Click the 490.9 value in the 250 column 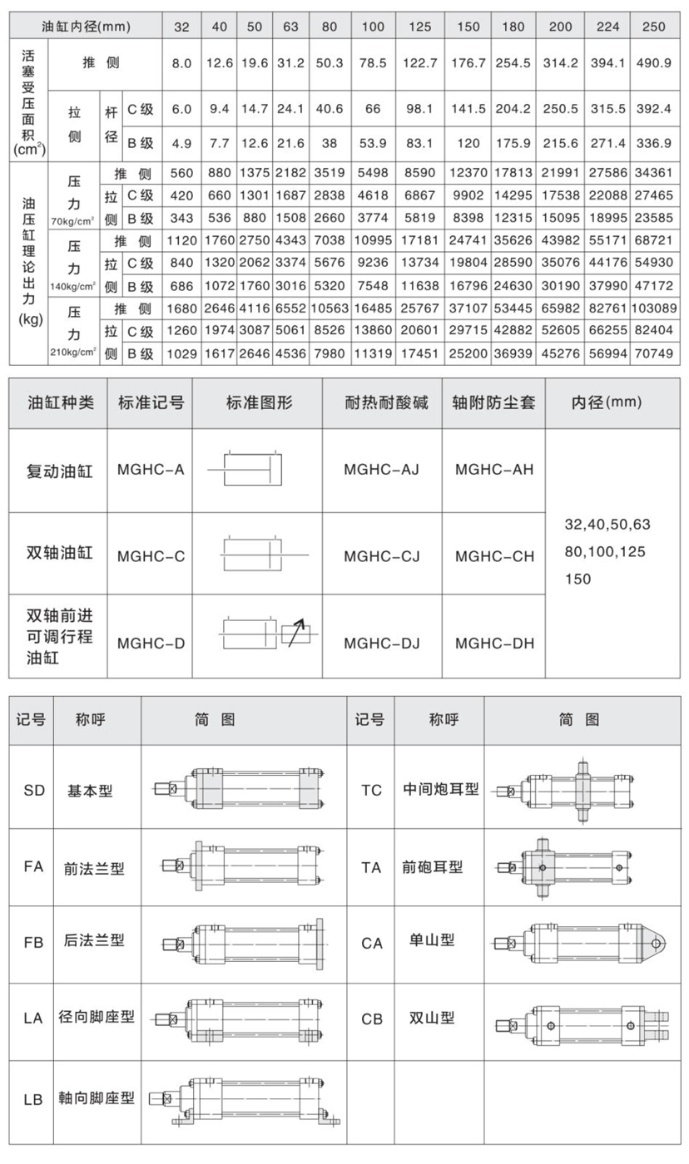click(654, 63)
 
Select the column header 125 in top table click(420, 26)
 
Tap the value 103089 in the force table click(654, 308)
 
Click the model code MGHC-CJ click(381, 555)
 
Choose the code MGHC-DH click(494, 642)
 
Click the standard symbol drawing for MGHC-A click(250, 470)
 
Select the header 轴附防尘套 click(493, 404)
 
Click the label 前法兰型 click(94, 868)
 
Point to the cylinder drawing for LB click(245, 1100)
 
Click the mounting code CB click(371, 1019)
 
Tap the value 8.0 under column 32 click(182, 63)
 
